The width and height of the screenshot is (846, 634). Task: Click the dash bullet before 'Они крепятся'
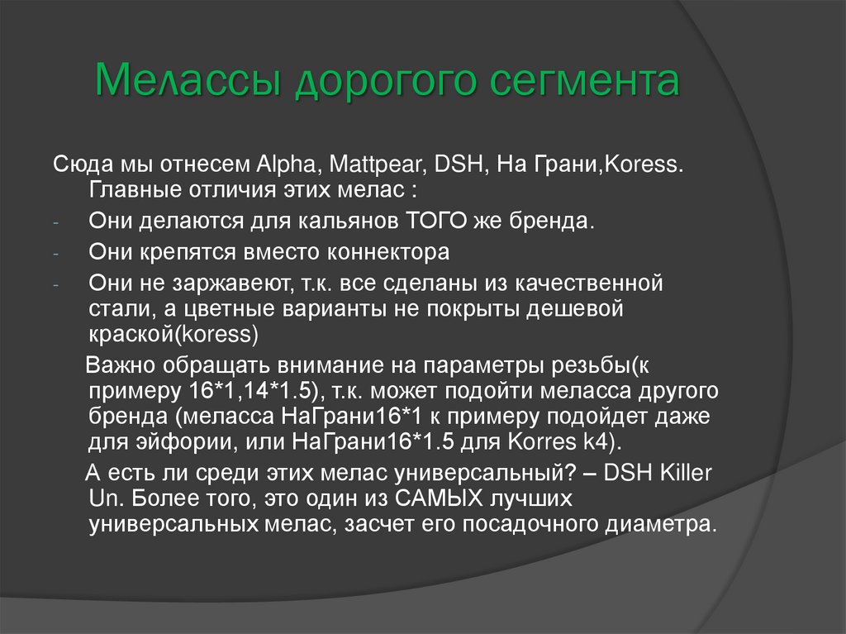55,252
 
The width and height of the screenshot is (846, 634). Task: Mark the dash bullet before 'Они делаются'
55,224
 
